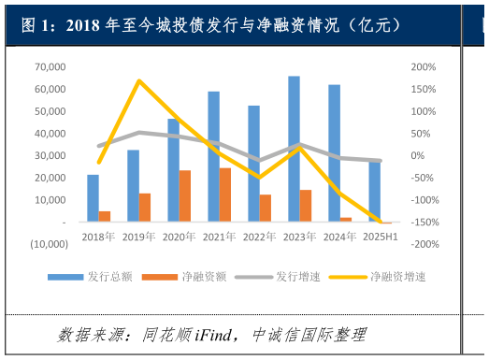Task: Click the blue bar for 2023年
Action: [x=294, y=149]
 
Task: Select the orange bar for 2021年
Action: [x=225, y=194]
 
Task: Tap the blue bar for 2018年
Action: [x=93, y=198]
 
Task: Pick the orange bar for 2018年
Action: [x=105, y=216]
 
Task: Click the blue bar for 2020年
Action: [x=173, y=170]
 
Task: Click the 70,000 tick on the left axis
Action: [x=50, y=67]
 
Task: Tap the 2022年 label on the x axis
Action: [x=259, y=238]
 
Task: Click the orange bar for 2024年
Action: [x=346, y=220]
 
